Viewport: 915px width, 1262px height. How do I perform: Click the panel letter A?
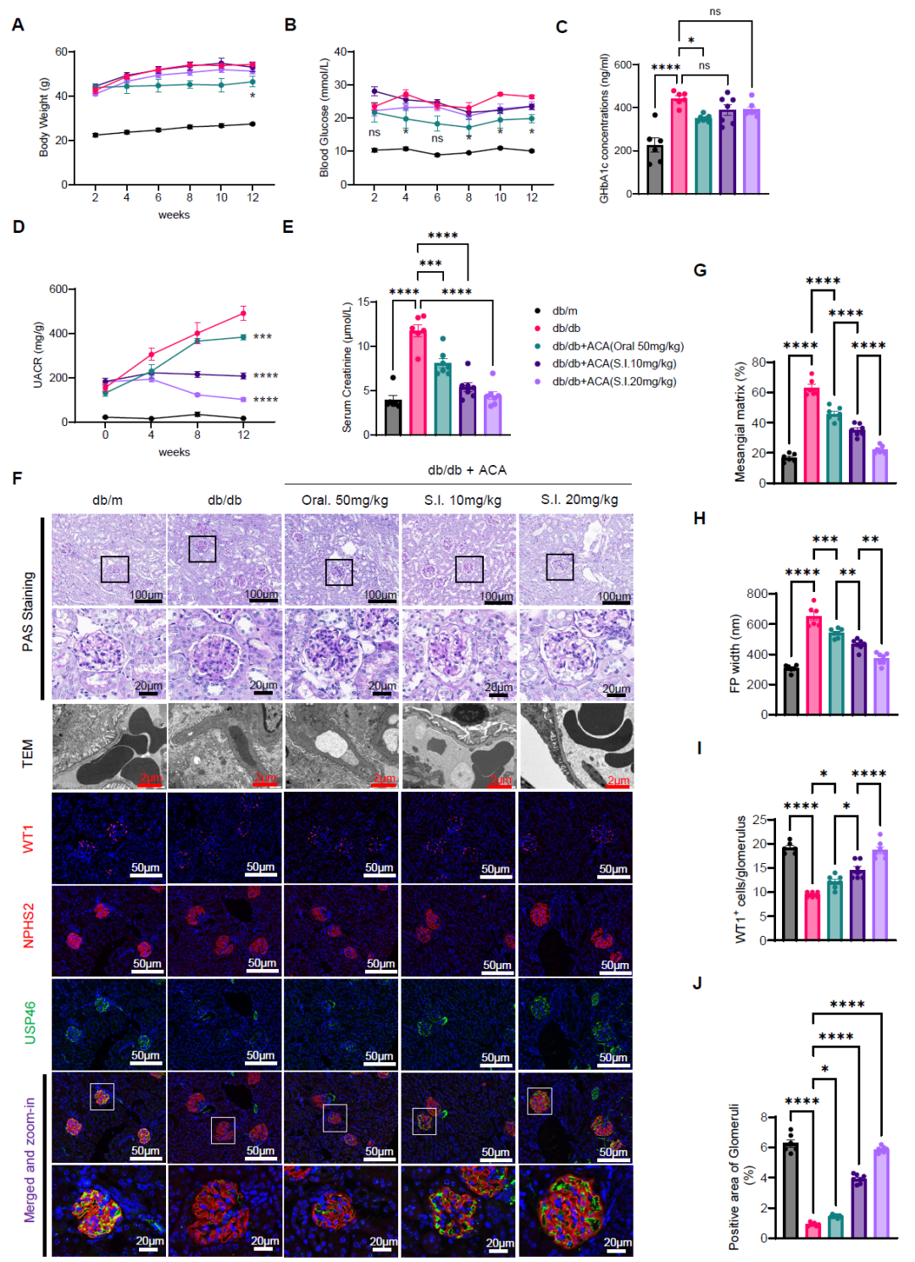coord(18,25)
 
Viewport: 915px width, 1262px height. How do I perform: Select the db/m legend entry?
coord(564,311)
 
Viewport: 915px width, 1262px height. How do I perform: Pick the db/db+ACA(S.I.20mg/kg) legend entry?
coord(613,381)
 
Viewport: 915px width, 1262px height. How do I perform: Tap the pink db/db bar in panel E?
coord(418,381)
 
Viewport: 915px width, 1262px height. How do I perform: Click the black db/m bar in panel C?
coord(654,169)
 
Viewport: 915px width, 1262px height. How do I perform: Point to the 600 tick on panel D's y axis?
coord(58,290)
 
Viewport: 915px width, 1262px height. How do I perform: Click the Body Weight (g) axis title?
coord(44,118)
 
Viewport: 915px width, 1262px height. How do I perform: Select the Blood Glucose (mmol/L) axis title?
coord(324,118)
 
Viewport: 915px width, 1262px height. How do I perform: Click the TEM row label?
coord(28,753)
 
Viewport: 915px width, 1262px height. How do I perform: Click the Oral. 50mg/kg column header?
coord(345,500)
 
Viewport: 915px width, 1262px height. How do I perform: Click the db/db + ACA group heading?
coord(467,470)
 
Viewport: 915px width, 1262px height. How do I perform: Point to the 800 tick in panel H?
coord(757,594)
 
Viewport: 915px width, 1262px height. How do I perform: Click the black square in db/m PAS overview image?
coord(114,569)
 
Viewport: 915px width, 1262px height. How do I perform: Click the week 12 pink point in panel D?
coord(243,313)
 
